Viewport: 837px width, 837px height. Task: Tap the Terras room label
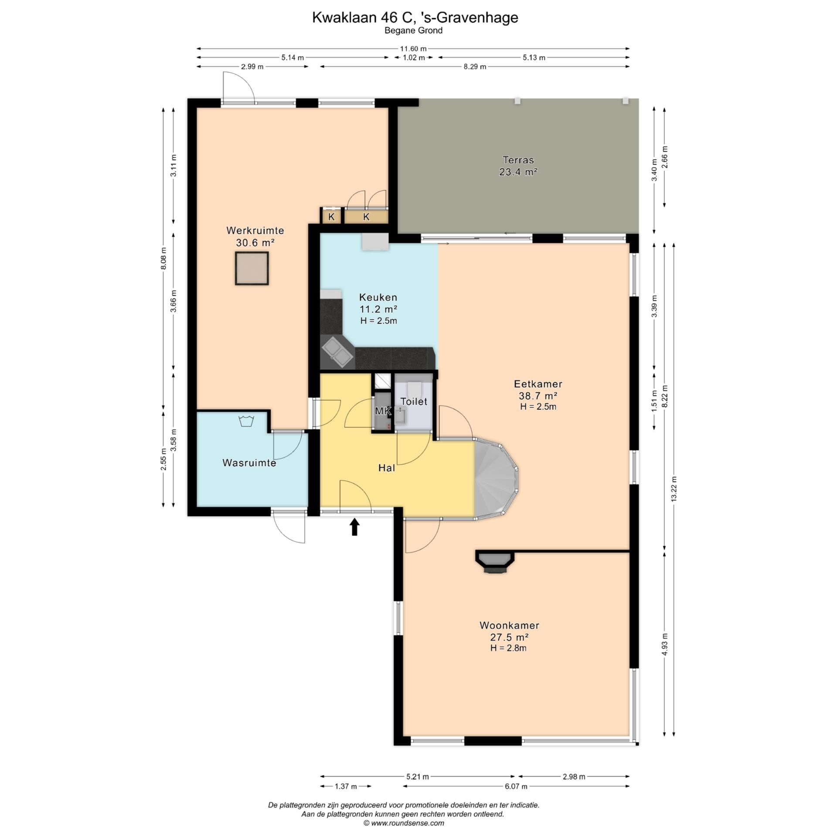pos(518,160)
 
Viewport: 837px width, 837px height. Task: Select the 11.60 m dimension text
pos(413,49)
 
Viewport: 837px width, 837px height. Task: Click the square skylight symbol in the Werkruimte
pos(252,269)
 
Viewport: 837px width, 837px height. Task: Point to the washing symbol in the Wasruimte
pos(246,421)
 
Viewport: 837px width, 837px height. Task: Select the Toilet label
pos(414,401)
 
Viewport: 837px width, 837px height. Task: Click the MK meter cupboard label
pos(383,411)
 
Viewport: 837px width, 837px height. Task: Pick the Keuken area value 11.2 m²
pos(378,310)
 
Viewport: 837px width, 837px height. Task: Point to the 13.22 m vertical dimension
pos(674,489)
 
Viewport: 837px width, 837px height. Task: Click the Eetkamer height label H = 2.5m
pos(538,407)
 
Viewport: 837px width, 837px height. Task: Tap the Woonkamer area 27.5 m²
pos(510,637)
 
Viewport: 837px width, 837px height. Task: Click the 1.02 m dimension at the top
pos(413,58)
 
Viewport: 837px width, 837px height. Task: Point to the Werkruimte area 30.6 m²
pos(255,243)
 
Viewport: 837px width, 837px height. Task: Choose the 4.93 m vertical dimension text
pos(664,645)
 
